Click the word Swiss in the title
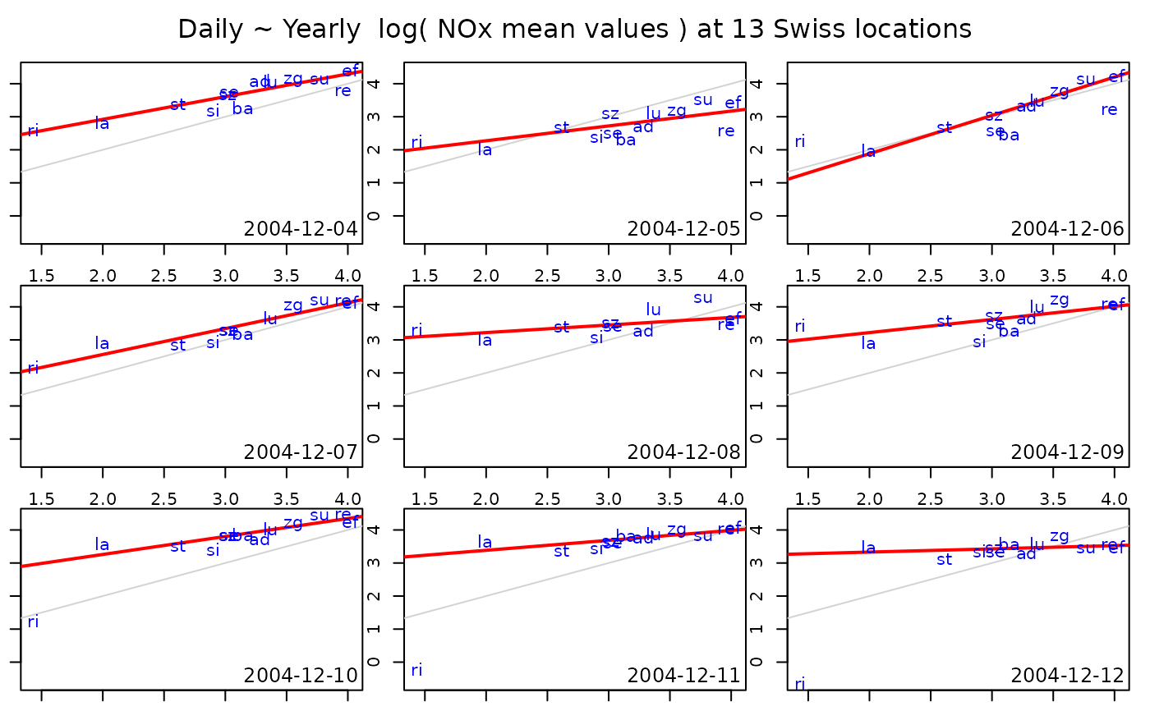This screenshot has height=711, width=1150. point(835,30)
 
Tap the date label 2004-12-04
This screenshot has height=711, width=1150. point(301,229)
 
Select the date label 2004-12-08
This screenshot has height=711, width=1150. point(684,452)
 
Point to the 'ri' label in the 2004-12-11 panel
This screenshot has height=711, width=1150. point(416,670)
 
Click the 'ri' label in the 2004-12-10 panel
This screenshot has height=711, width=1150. point(33,622)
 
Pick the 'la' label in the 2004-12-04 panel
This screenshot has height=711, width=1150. point(102,124)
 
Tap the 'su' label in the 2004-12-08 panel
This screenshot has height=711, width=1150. point(703,298)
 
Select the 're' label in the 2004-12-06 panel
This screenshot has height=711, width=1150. point(1109,109)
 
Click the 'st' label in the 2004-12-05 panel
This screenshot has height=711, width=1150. point(561,128)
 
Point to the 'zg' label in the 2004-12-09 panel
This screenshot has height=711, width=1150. point(1060,300)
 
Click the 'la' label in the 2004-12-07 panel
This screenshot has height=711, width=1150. point(102,344)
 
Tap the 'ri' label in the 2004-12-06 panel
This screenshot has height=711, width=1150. point(800,141)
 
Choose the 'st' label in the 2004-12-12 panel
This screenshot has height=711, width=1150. point(945,560)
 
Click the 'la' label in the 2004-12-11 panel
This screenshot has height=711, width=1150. point(485,543)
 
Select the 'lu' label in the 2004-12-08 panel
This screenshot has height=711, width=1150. point(654,310)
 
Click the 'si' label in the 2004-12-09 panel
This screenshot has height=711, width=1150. point(979,342)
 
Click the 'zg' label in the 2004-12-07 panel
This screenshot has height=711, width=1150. point(293,305)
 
